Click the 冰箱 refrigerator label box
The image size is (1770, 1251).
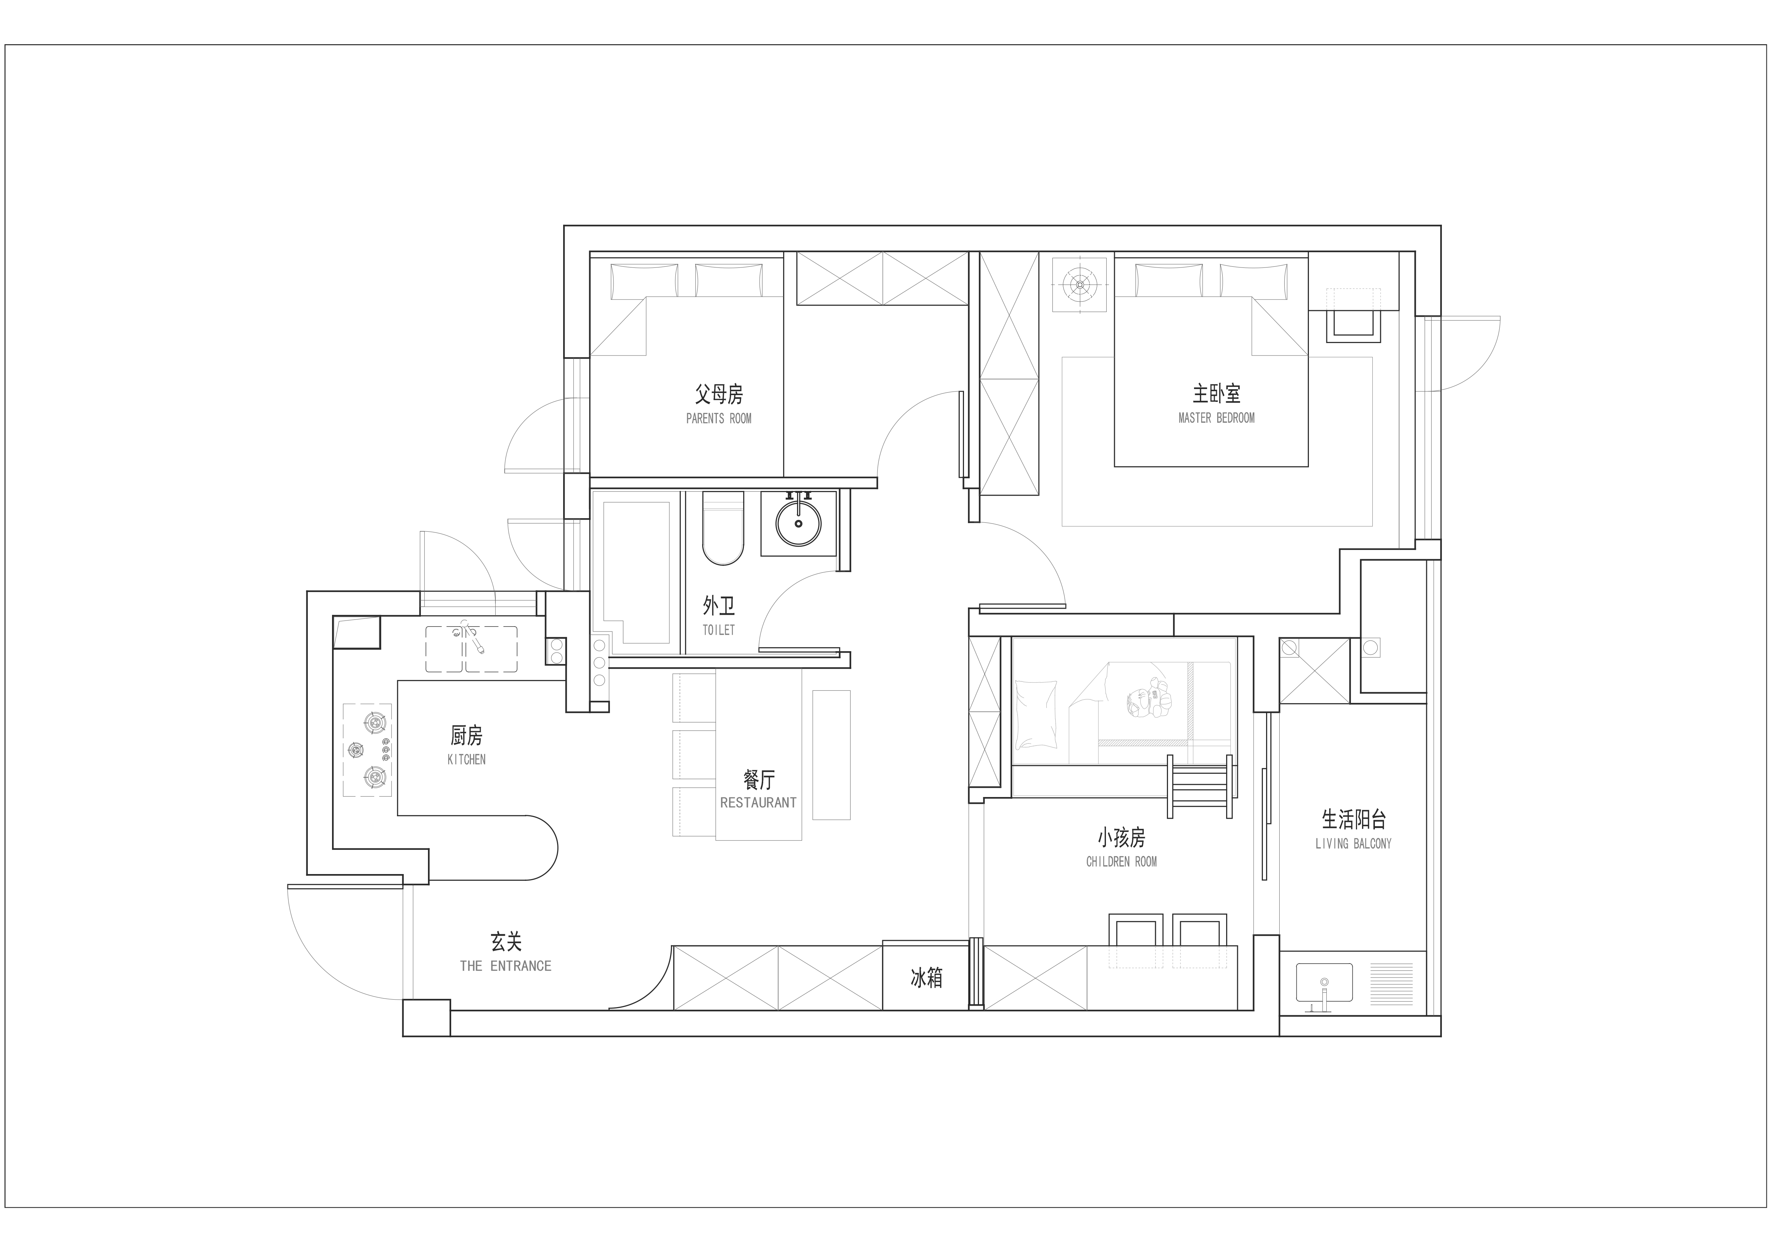[925, 978]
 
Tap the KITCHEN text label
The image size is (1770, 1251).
[466, 759]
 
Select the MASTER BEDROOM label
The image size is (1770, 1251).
[1216, 418]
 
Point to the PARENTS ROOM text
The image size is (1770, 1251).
[719, 419]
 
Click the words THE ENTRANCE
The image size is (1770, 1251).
[506, 966]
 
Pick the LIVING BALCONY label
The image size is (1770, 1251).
[1354, 843]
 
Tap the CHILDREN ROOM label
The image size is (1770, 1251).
[1122, 862]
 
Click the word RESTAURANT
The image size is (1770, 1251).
[759, 802]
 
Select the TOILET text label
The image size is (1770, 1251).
[719, 630]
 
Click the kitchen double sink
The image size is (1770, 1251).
[471, 648]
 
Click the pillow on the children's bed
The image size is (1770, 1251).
[1036, 715]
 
